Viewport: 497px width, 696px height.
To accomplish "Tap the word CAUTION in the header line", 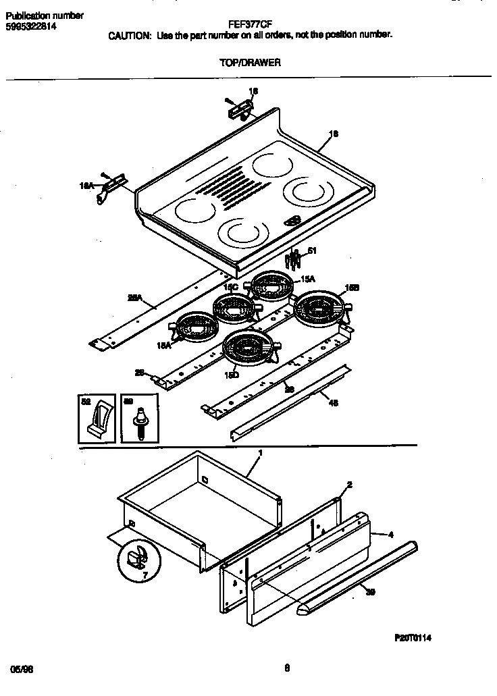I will coord(130,36).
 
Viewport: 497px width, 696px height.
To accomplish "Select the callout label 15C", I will coord(232,287).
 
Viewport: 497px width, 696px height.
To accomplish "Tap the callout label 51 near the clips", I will coord(311,251).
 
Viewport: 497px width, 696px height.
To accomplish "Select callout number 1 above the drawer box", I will coord(260,452).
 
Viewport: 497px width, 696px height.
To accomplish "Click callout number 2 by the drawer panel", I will coord(349,485).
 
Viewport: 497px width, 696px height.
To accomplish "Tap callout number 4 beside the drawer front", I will coord(391,535).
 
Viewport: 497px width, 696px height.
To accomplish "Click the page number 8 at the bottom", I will coord(287,669).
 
